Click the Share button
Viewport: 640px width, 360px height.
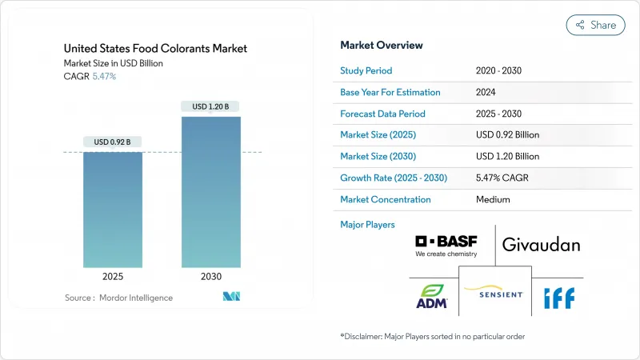click(x=595, y=26)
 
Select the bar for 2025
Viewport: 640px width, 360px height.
click(x=113, y=210)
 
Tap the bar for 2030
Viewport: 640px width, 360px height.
click(x=210, y=192)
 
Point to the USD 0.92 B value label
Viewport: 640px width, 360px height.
click(x=112, y=142)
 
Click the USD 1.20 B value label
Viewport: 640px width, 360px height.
click(x=210, y=106)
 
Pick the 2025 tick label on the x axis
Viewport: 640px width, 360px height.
click(x=113, y=276)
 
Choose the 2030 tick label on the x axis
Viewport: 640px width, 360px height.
click(x=210, y=276)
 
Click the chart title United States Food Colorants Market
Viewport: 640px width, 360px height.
click(x=155, y=49)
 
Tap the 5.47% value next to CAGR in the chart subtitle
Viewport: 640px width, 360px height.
click(x=104, y=76)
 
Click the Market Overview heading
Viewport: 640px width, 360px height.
click(x=382, y=46)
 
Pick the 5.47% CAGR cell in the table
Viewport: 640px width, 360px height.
click(x=501, y=178)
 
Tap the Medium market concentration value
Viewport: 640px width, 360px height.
click(x=492, y=199)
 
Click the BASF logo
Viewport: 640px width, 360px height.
click(x=446, y=246)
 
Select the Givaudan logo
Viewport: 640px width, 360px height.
click(x=541, y=245)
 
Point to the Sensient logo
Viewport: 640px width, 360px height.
click(x=494, y=294)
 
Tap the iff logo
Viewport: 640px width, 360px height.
click(x=558, y=298)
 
